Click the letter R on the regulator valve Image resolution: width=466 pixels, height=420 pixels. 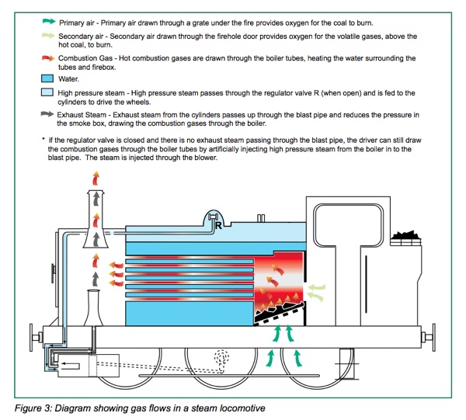pos(221,227)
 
